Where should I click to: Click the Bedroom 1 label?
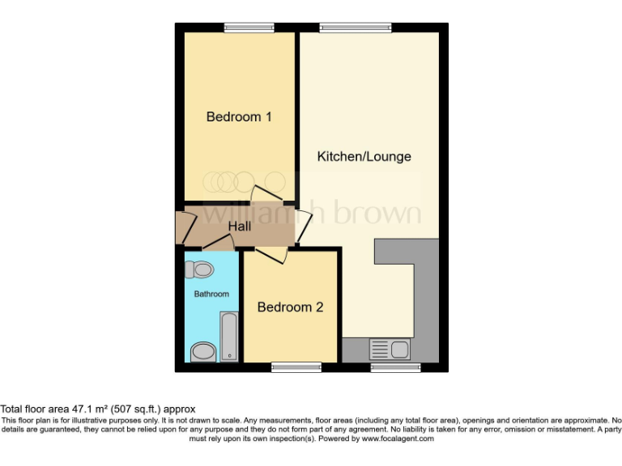239,116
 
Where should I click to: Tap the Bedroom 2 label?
291,307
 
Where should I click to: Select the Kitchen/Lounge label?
364,156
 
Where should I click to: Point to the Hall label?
239,227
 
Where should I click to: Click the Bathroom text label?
211,294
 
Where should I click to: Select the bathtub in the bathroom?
228,337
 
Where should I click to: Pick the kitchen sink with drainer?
389,349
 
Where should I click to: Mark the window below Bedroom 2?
296,367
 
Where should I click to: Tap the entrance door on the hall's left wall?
182,229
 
